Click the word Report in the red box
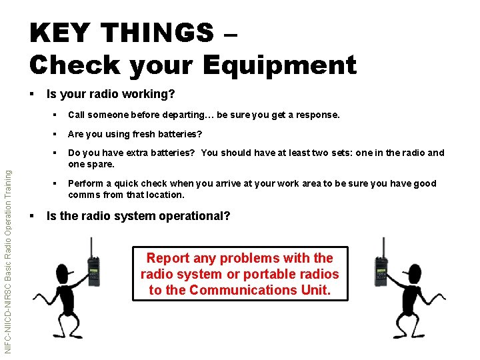click(x=168, y=258)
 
